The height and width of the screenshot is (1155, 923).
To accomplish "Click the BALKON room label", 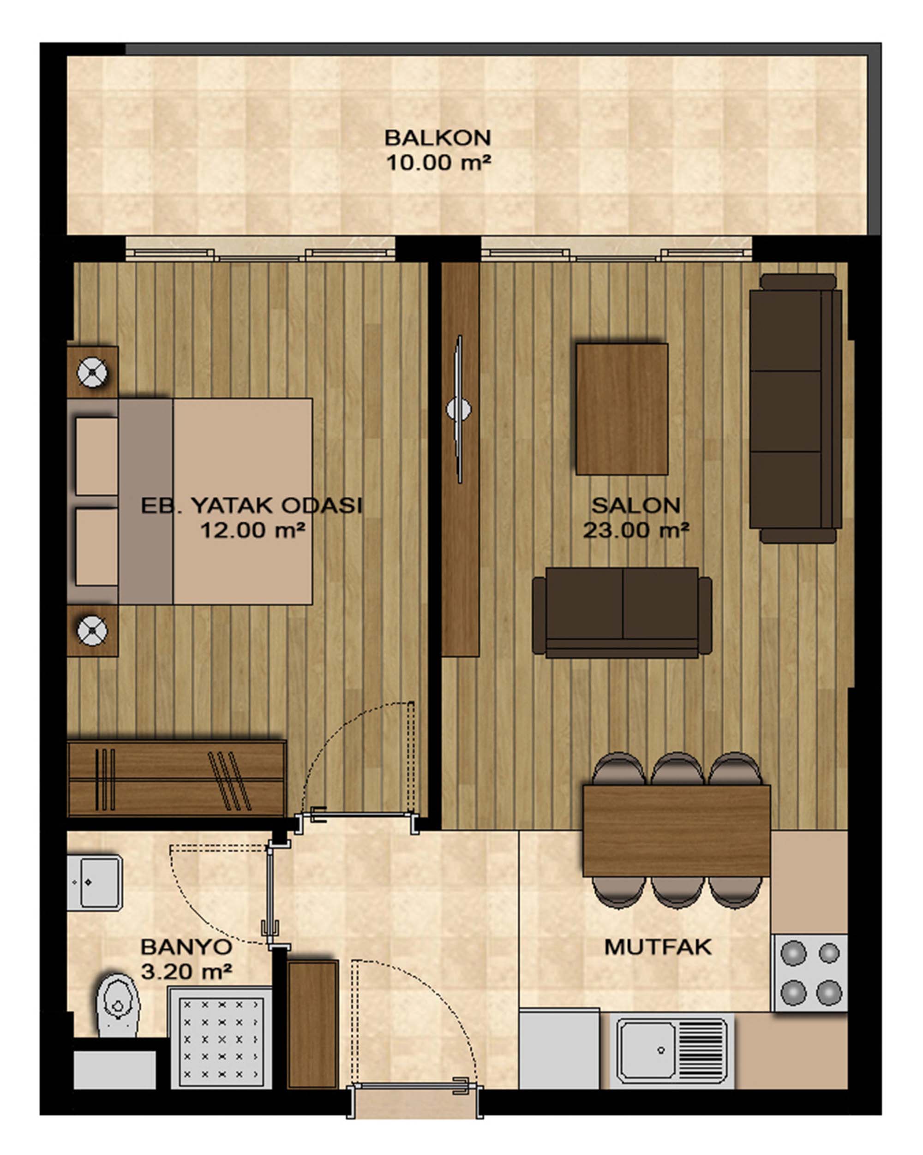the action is tap(438, 137).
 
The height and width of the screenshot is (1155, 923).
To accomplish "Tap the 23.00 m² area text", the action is tap(635, 530).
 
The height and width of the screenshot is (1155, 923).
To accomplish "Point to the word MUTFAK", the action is tap(658, 947).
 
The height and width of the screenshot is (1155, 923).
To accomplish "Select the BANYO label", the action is tap(186, 947).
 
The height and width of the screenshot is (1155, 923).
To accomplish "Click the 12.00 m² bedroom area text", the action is tap(252, 530).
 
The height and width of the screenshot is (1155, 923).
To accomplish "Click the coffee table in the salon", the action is tap(622, 409).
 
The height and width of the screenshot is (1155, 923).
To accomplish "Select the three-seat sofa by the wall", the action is tap(796, 409).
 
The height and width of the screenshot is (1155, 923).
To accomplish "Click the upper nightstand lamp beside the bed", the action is tap(92, 373).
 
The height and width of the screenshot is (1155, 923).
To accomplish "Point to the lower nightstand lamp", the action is tap(92, 631).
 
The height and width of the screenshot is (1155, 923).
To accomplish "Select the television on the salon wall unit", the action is tap(459, 409).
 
